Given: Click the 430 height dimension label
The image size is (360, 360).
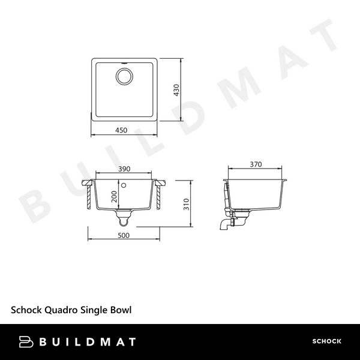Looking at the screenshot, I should pos(176,91).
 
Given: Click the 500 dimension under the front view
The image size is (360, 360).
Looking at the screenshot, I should pos(125,235).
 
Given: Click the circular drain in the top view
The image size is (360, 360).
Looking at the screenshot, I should pos(125,76).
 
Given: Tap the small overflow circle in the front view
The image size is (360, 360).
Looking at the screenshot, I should pos(123,185).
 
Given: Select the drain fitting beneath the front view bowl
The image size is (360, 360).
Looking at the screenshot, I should pos(124,215).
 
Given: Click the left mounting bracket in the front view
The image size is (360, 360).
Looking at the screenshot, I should pos(91,194).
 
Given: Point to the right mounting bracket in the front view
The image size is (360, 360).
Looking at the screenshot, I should pos(160,194).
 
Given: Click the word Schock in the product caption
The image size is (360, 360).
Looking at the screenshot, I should pos(26,310).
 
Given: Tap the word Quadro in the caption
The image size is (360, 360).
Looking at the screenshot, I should pos(60,310).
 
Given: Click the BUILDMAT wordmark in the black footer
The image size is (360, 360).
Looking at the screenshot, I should pos(89,342).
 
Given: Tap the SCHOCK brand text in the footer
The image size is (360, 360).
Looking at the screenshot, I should pos(326,342).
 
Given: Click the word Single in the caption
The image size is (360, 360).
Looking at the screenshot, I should pos(91,310).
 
